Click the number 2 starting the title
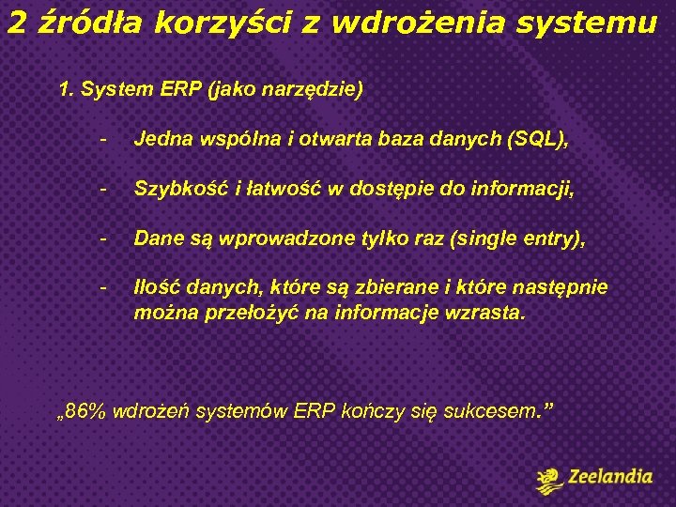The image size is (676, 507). (16, 23)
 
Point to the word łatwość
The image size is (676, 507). (276, 190)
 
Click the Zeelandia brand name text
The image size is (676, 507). (610, 477)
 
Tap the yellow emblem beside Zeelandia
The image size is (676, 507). (549, 479)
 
